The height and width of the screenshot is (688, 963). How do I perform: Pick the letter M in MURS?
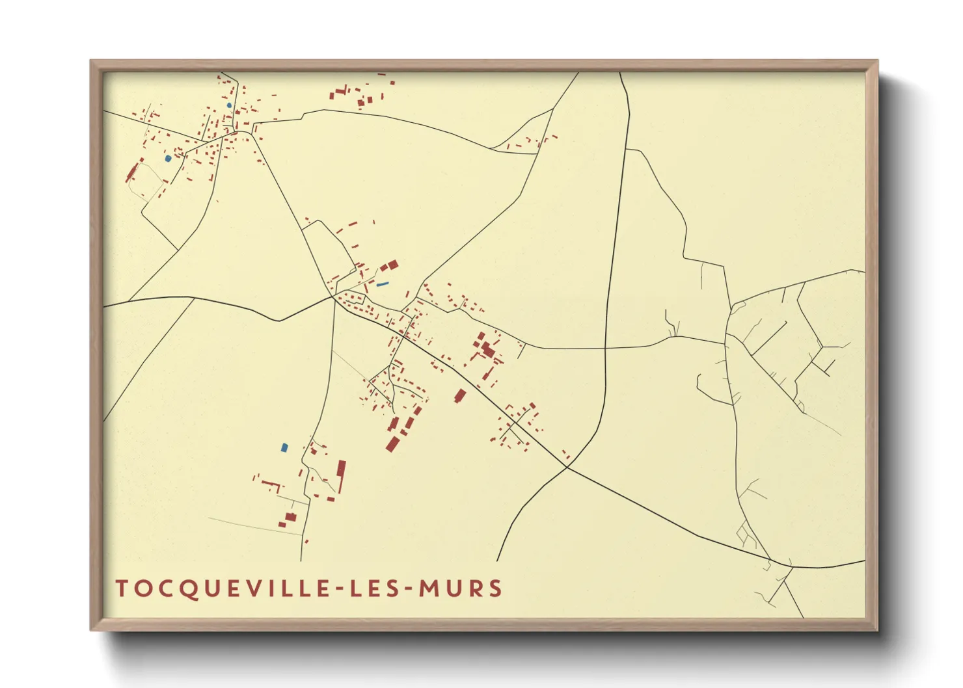coord(429,589)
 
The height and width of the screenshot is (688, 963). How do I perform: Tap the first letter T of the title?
coord(122,589)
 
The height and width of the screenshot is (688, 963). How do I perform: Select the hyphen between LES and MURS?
coord(404,589)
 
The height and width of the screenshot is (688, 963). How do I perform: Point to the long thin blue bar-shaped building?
coord(383,284)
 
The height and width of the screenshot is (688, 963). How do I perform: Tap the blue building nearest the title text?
coord(284,447)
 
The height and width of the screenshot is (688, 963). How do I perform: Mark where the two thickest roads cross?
coord(567,466)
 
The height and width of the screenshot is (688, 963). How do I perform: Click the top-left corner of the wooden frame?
coord(91,60)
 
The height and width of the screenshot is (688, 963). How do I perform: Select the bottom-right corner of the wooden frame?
coord(878,630)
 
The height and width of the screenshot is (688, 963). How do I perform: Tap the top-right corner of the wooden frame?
coord(878,60)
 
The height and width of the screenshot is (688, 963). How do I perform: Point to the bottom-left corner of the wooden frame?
coord(91,630)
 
